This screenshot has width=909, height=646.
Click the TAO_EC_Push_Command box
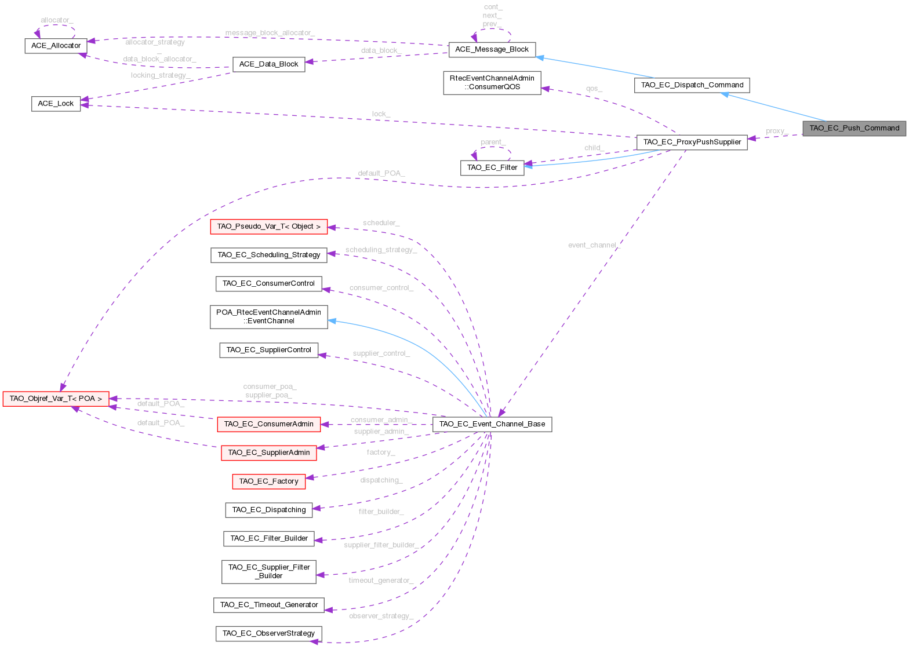(x=854, y=129)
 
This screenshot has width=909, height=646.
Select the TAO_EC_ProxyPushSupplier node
(x=692, y=142)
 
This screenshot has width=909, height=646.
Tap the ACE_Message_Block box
(x=492, y=50)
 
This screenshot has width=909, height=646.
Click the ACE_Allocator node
(x=56, y=46)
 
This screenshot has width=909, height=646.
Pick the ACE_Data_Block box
(x=268, y=64)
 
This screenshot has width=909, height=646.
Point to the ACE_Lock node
(x=56, y=104)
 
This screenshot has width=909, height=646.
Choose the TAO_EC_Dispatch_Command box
(x=692, y=85)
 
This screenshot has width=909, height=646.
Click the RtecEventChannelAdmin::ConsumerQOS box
(x=492, y=82)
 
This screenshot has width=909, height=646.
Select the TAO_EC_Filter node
(x=492, y=168)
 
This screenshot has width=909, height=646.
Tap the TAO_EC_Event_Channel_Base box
(x=492, y=424)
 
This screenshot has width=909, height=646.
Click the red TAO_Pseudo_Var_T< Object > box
(x=268, y=227)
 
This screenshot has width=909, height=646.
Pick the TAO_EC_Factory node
(x=268, y=481)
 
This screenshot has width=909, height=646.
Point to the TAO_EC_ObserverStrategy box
(x=268, y=633)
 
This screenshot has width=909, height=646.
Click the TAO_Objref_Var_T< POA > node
(x=56, y=399)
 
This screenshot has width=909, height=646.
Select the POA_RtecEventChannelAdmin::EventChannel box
(x=268, y=316)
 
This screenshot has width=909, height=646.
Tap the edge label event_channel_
(x=594, y=246)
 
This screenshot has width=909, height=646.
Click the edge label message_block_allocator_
(x=270, y=33)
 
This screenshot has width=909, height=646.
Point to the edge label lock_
(x=381, y=114)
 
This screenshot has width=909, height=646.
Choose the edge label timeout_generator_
(x=380, y=581)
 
